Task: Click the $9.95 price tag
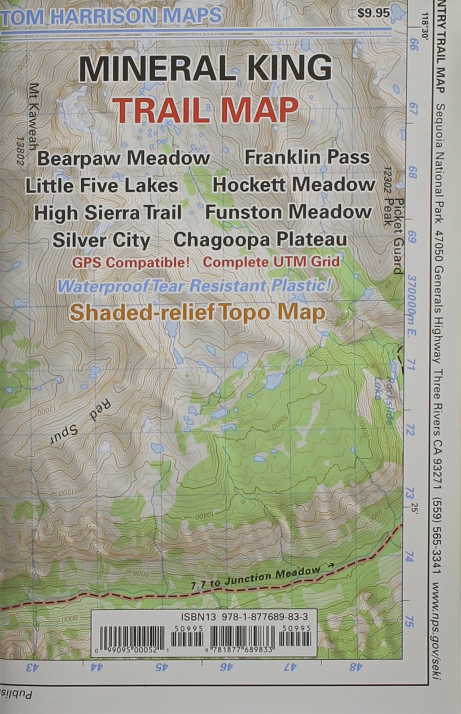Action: (x=373, y=13)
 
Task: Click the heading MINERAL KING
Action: (x=206, y=69)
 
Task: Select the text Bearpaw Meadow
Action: (x=123, y=158)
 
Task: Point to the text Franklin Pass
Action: (x=307, y=157)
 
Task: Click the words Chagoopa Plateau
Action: (x=260, y=239)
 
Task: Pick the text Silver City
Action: (x=101, y=240)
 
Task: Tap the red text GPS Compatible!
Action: (x=131, y=263)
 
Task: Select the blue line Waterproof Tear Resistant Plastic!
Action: (x=194, y=286)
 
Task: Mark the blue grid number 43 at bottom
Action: (x=32, y=667)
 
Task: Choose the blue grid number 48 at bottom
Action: (x=355, y=667)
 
